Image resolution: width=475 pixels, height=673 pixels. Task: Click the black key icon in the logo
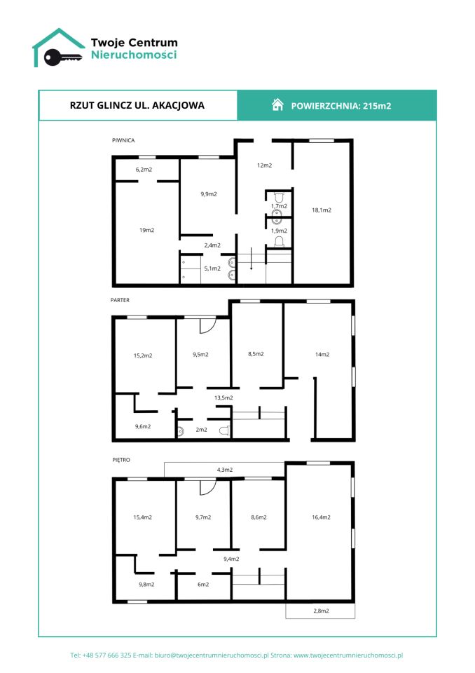click(62, 57)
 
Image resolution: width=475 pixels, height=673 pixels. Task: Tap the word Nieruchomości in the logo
click(134, 55)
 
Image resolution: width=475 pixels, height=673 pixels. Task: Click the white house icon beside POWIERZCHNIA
click(277, 104)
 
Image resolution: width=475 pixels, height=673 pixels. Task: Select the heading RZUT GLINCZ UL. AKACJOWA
click(137, 106)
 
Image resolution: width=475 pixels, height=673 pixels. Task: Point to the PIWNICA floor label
click(123, 140)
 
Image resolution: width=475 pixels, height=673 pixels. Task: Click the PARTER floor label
click(120, 300)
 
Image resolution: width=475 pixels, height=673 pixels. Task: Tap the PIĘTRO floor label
click(121, 460)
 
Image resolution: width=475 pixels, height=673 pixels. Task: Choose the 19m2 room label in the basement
click(146, 230)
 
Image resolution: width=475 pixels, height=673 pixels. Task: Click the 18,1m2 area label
click(322, 210)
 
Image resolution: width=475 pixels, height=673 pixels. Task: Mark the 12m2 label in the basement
click(264, 165)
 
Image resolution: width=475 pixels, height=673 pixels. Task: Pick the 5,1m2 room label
click(212, 268)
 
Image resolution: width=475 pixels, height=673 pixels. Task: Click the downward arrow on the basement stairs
click(252, 259)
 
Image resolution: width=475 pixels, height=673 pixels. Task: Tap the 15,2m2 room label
click(143, 355)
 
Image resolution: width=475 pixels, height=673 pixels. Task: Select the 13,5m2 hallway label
click(223, 398)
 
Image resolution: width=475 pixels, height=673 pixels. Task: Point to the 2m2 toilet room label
click(201, 430)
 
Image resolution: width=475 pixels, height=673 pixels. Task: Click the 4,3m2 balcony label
click(225, 470)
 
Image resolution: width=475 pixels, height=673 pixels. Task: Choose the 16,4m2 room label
click(321, 517)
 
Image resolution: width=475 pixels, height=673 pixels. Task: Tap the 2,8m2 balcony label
click(321, 611)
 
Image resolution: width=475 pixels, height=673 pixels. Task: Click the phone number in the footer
click(106, 655)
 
